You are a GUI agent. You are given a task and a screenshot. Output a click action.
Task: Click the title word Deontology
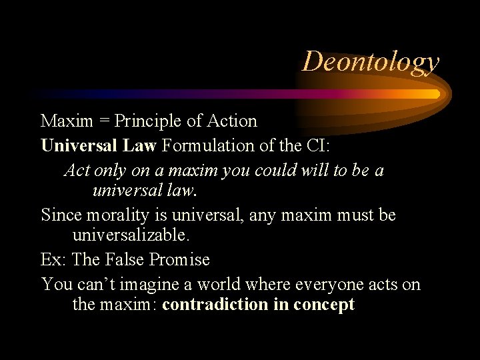click(x=371, y=62)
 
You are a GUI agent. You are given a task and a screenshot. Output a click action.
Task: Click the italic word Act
click(x=77, y=171)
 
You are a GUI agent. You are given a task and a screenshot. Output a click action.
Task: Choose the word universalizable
click(x=131, y=235)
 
